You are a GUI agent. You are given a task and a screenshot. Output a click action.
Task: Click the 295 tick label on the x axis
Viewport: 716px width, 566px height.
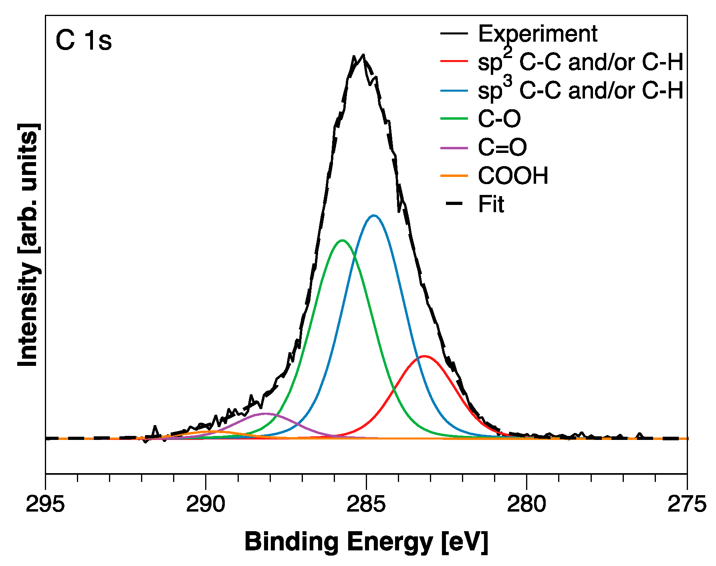[x=45, y=504]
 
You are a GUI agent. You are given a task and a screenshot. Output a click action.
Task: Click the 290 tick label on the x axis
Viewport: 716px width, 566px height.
[x=206, y=504]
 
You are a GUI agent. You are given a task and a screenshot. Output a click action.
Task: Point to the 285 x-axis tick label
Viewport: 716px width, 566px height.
[x=366, y=504]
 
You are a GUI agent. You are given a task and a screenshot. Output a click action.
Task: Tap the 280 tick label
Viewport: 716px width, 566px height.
[x=526, y=504]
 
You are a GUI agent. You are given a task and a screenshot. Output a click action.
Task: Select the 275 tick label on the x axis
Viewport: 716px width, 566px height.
[x=686, y=504]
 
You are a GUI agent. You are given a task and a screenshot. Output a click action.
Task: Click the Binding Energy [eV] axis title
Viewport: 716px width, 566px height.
[x=366, y=542]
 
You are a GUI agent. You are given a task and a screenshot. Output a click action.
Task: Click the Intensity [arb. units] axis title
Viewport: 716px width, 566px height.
[x=29, y=245]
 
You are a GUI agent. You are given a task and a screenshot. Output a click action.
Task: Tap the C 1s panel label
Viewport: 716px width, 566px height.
[x=83, y=40]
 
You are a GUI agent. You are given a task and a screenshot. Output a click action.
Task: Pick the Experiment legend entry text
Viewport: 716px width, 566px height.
[x=537, y=34]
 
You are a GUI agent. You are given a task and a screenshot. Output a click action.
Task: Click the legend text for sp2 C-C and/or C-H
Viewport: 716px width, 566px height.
[x=580, y=62]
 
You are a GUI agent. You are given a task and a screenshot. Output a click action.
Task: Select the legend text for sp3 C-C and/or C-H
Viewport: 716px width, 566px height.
[x=580, y=90]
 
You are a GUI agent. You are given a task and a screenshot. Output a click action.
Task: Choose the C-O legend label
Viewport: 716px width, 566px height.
[x=499, y=118]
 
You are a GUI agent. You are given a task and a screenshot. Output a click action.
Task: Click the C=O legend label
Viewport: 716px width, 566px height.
[x=502, y=147]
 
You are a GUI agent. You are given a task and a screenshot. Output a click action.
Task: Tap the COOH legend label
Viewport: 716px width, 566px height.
[x=513, y=176]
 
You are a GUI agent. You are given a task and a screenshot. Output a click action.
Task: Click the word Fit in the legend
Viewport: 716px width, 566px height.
[x=491, y=204]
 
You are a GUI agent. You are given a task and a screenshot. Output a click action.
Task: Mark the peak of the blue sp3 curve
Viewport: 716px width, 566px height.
[x=374, y=215]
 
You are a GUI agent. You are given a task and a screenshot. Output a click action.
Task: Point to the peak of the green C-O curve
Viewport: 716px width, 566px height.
[x=342, y=240]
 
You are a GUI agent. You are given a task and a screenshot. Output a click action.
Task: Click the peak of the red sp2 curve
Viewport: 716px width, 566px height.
[x=424, y=356]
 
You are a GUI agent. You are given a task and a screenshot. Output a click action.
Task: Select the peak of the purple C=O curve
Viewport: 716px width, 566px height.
[x=265, y=413]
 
